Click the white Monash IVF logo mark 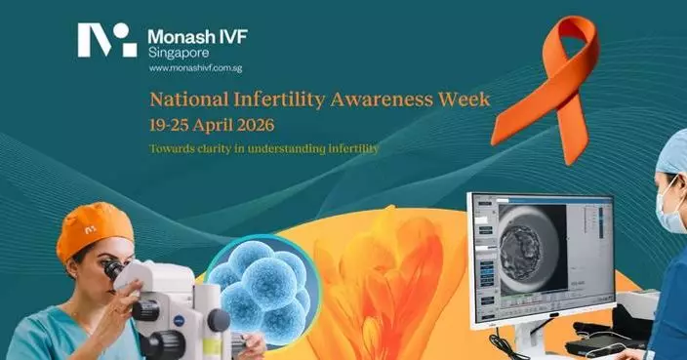pyautogui.click(x=107, y=40)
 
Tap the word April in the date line pyautogui.click(x=213, y=126)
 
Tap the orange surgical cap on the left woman pyautogui.click(x=92, y=226)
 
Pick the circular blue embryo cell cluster pyautogui.click(x=258, y=285)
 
